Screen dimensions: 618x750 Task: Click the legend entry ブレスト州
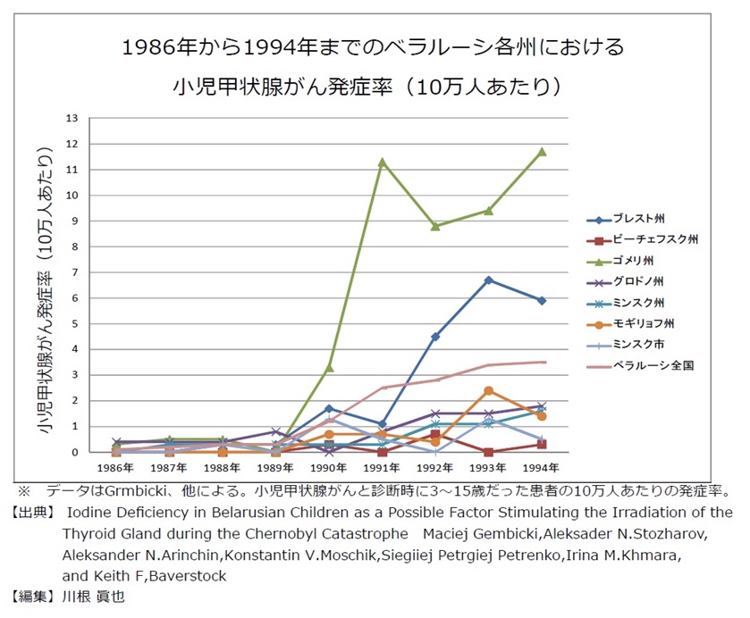638,219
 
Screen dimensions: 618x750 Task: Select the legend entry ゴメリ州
633,261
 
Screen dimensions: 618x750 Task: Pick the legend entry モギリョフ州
644,322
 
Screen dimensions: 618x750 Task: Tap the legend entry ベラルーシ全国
653,364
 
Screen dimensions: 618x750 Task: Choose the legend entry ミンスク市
638,344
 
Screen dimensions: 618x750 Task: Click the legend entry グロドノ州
638,281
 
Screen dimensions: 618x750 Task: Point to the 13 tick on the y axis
72,118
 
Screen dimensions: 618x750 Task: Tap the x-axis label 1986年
116,468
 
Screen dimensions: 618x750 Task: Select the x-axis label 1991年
382,468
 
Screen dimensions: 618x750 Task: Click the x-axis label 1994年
542,468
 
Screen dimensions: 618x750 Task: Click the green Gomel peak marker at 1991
382,163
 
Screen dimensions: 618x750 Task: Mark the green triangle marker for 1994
542,152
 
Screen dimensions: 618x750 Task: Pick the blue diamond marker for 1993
488,280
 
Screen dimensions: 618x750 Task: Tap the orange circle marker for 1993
488,390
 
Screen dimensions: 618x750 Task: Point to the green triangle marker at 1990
329,367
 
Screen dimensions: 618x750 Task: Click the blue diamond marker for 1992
435,337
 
